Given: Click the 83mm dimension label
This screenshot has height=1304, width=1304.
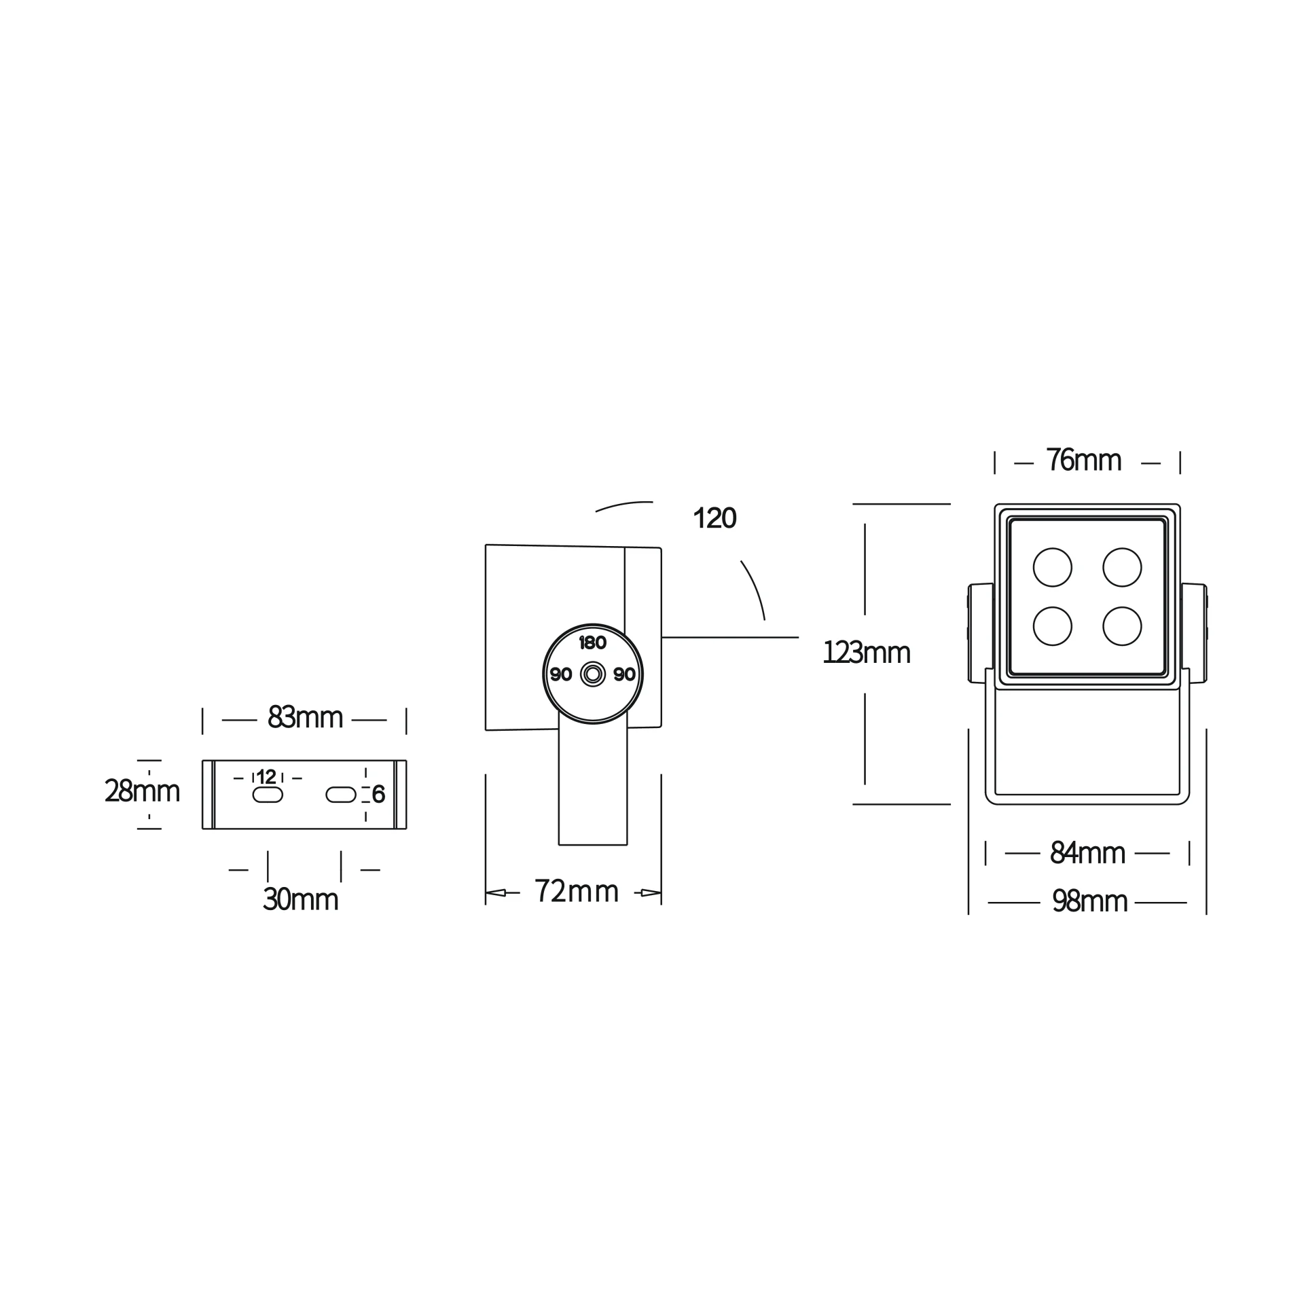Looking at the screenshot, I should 305,717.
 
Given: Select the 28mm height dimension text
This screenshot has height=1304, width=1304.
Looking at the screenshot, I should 142,791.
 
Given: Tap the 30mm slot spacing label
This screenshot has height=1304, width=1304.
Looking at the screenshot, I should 300,899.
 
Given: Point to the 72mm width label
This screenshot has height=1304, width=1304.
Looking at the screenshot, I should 576,891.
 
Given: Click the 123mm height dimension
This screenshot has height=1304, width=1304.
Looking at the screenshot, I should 866,653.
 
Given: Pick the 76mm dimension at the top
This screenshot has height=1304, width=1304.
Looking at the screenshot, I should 1083,460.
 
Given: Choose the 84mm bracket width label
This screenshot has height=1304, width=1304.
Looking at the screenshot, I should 1087,852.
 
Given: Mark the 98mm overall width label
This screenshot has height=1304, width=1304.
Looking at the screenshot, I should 1089,901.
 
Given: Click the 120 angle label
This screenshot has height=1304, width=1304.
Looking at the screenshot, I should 714,518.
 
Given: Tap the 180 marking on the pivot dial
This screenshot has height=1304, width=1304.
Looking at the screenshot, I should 592,642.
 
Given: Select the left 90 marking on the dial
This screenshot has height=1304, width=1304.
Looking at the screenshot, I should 561,674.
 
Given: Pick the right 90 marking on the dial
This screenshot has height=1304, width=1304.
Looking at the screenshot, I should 624,674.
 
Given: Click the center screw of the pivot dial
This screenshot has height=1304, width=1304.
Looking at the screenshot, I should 593,674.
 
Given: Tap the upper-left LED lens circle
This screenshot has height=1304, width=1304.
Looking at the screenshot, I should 1052,567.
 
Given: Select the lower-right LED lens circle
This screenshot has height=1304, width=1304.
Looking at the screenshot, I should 1122,626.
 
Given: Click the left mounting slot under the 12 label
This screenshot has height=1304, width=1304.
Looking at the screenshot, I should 268,795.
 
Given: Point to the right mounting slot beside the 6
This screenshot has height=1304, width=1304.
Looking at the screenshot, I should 341,795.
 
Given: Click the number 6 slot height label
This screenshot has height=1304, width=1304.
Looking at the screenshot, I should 378,794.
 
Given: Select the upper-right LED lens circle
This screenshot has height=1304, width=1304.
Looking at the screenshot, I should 1122,567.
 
